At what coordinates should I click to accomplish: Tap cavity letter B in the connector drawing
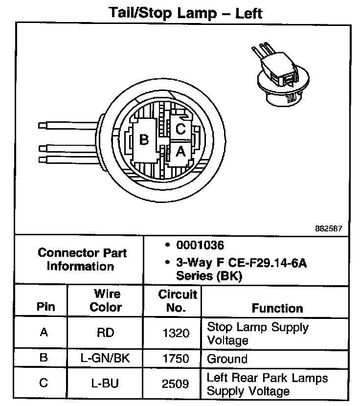pyautogui.click(x=144, y=140)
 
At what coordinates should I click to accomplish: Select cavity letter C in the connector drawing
pyautogui.click(x=180, y=129)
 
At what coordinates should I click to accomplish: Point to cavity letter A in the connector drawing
pyautogui.click(x=180, y=152)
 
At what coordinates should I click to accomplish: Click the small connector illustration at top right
pyautogui.click(x=279, y=75)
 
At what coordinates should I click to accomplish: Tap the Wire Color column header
pyautogui.click(x=106, y=301)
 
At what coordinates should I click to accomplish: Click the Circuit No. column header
pyautogui.click(x=177, y=301)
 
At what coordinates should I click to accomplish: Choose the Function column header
pyautogui.click(x=277, y=308)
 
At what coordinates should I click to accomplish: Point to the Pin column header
pyautogui.click(x=45, y=308)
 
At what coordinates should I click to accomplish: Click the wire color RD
pyautogui.click(x=106, y=333)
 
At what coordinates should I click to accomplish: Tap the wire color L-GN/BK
pyautogui.click(x=106, y=359)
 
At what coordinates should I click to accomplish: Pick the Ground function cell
pyautogui.click(x=227, y=359)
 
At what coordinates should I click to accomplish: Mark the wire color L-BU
pyautogui.click(x=106, y=383)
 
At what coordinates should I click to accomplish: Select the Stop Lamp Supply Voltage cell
pyautogui.click(x=257, y=333)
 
